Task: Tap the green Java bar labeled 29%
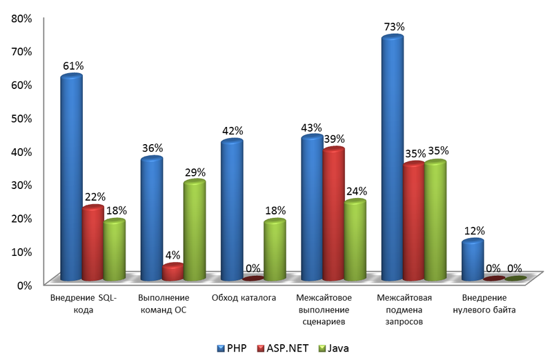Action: (x=194, y=231)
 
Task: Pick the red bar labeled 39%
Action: (x=333, y=214)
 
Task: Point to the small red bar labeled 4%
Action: (x=172, y=272)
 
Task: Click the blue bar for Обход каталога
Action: (x=231, y=210)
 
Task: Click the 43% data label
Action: (x=312, y=127)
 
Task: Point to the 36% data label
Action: (x=151, y=148)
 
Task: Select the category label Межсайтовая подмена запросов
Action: (x=404, y=310)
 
